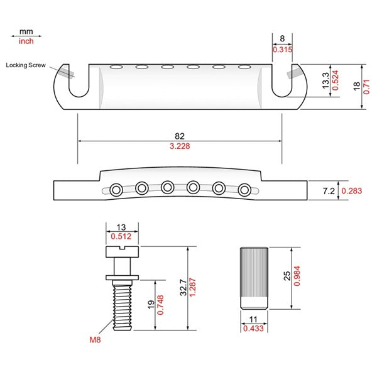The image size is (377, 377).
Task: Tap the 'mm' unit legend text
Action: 26,31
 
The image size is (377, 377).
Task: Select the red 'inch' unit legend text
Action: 26,41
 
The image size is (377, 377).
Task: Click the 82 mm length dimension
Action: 179,135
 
